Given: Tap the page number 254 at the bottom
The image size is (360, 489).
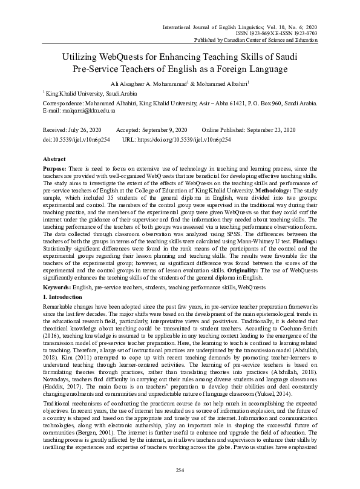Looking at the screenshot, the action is (x=180, y=470).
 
